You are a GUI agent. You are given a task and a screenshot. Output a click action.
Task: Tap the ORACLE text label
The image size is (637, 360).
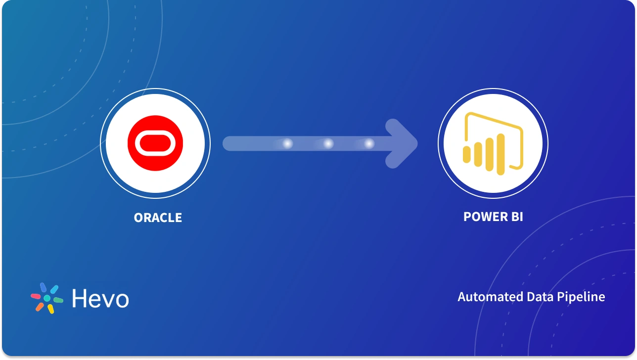158,218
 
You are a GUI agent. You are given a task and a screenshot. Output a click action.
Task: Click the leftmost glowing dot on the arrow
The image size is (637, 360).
287,144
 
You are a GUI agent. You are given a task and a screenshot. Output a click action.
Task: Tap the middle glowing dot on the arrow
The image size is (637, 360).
328,144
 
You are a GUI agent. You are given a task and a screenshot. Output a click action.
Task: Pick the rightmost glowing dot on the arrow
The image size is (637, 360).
369,144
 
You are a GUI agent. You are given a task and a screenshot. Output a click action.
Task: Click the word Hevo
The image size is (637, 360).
100,299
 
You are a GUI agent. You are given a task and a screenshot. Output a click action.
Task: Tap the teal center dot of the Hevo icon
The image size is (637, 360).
47,299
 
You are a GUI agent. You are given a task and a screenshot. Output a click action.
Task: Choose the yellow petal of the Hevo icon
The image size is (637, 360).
50,309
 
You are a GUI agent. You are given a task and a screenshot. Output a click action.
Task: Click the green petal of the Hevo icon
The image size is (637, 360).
58,300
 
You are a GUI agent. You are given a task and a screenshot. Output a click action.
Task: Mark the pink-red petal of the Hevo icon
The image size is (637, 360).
36,297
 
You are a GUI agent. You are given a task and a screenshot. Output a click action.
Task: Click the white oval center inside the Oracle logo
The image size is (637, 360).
155,143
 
